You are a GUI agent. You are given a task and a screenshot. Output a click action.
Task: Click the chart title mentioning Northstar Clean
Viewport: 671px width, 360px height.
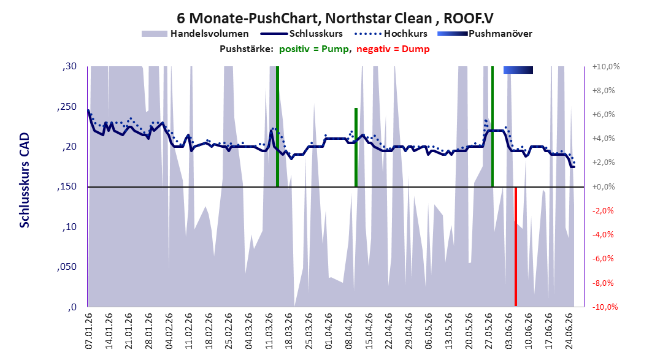[335, 18]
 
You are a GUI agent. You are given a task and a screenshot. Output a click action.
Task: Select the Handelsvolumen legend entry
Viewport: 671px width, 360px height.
[195, 33]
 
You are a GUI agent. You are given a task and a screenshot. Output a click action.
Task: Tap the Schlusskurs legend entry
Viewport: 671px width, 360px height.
[302, 33]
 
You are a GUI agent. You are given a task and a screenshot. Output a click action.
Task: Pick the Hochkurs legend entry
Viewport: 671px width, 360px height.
[391, 33]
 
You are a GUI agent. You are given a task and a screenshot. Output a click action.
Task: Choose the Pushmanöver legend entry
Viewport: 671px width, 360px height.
[485, 33]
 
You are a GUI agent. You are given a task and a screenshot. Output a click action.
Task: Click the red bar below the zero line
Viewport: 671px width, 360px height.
[516, 247]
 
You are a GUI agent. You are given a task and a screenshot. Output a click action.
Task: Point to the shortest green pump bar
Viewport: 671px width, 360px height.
[356, 147]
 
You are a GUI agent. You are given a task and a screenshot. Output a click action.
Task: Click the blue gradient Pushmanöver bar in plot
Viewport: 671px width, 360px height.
[518, 70]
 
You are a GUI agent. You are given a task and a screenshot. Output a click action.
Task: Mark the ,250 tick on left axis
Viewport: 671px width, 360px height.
[66, 107]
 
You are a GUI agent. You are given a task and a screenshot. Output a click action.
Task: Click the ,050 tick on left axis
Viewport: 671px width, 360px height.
[66, 267]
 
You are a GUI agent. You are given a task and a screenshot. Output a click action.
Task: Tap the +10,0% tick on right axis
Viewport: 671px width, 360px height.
[606, 67]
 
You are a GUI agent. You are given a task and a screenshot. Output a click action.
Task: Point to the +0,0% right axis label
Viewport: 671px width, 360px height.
[604, 186]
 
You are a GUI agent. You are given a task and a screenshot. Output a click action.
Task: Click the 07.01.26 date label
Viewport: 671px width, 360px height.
[88, 331]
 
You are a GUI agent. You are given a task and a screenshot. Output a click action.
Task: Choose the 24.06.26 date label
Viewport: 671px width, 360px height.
[569, 331]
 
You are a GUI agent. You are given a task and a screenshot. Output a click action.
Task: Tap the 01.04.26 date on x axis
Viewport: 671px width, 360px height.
[329, 331]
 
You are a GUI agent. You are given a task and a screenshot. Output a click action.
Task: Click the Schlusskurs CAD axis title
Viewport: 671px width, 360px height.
[25, 180]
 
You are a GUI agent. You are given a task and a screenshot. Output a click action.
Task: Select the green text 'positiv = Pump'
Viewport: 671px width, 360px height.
[313, 49]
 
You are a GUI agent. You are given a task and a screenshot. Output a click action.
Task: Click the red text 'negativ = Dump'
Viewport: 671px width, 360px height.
[393, 49]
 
